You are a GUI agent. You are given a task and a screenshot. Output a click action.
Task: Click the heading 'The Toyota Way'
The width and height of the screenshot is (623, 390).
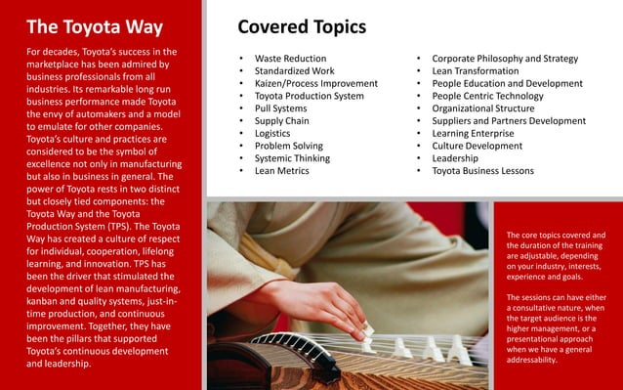pyautogui.click(x=94, y=26)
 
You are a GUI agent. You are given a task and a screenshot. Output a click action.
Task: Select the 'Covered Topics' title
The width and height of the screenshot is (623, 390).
pyautogui.click(x=302, y=26)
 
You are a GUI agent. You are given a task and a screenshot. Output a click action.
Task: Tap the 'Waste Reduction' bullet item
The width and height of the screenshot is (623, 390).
pyautogui.click(x=290, y=59)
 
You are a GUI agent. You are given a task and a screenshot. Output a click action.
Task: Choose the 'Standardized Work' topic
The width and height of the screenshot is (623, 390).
pyautogui.click(x=294, y=71)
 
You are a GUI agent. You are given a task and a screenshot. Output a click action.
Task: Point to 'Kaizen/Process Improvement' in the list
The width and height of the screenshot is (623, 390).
pyautogui.click(x=315, y=84)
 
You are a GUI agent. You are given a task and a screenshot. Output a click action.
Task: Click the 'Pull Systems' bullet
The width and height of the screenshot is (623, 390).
pyautogui.click(x=280, y=109)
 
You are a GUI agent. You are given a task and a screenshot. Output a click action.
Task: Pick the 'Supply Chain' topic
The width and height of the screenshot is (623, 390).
pyautogui.click(x=281, y=121)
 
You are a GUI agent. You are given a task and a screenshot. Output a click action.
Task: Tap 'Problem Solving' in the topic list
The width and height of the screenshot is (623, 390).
pyautogui.click(x=288, y=147)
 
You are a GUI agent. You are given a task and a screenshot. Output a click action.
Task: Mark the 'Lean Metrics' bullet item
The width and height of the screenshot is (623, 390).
pyautogui.click(x=281, y=171)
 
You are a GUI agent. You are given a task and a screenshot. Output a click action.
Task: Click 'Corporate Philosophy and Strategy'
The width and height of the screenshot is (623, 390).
pyautogui.click(x=505, y=59)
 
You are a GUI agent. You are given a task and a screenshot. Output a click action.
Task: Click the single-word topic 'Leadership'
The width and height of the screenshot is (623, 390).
pyautogui.click(x=455, y=158)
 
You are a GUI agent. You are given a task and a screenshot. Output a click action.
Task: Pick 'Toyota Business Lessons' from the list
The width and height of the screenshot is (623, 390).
pyautogui.click(x=482, y=171)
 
